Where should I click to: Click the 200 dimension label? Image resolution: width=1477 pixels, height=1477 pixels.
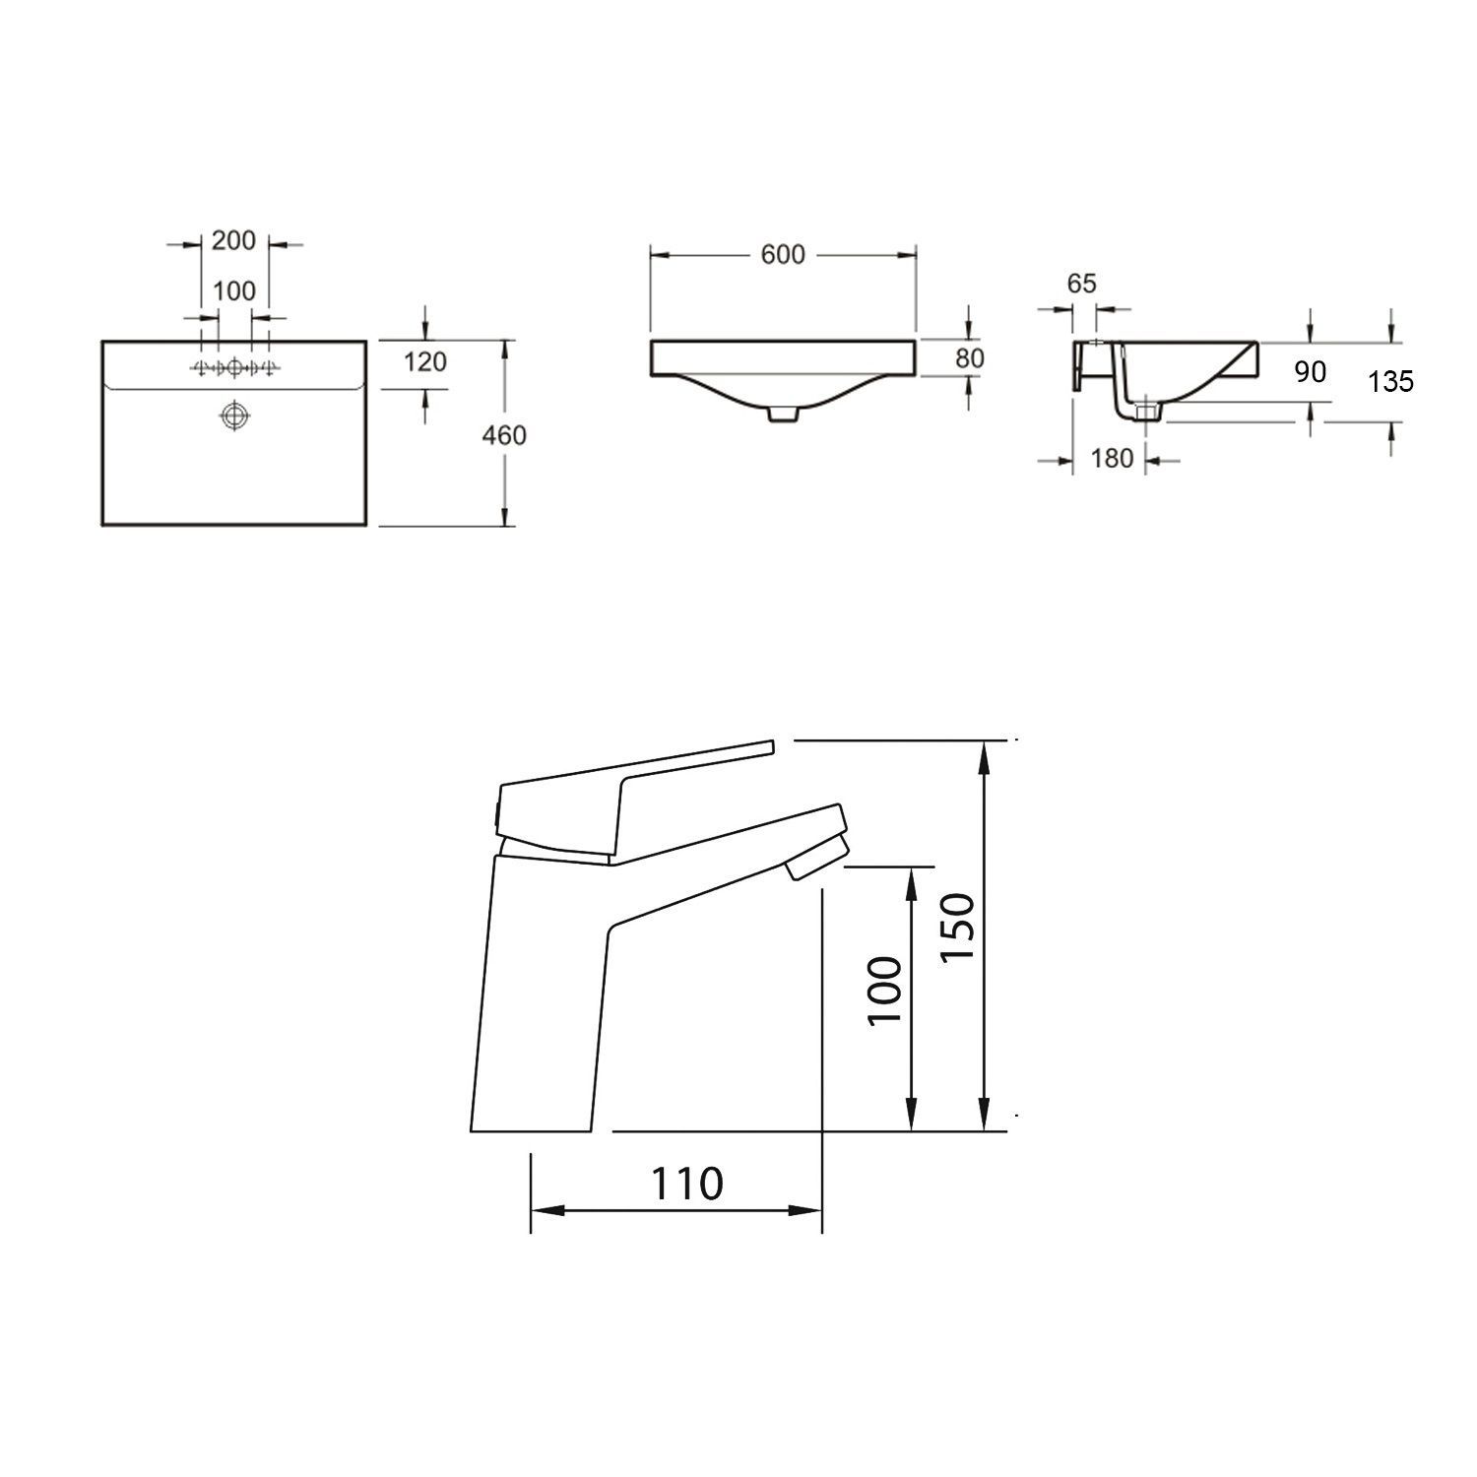(233, 240)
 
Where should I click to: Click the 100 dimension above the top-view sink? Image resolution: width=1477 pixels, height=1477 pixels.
(233, 291)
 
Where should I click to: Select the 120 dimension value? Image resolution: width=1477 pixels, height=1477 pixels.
(425, 362)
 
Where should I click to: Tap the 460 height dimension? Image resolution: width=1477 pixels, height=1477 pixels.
(505, 434)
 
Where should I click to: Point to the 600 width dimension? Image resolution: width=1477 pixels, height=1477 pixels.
(783, 255)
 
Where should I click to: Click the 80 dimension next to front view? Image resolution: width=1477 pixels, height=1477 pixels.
(970, 358)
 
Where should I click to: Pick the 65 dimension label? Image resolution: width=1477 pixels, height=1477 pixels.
(1081, 284)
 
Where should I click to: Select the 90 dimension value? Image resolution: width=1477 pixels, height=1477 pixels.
(1311, 371)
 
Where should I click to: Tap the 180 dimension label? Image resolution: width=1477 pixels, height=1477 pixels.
(1112, 458)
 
